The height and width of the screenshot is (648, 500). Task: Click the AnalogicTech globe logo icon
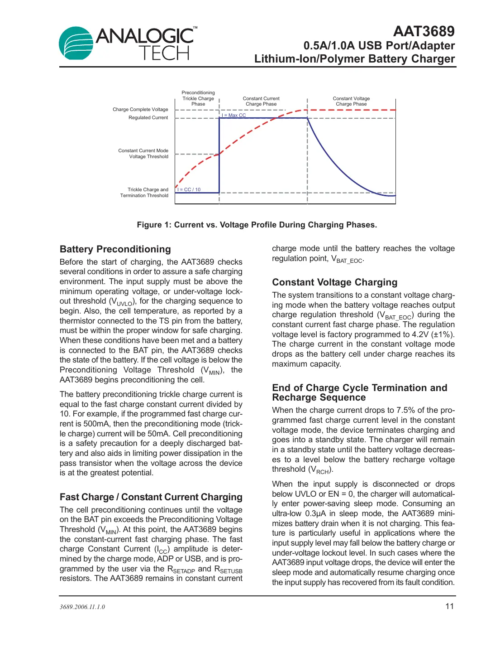click(76, 44)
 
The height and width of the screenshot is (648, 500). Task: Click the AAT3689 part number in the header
click(424, 31)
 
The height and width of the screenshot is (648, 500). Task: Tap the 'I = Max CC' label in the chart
click(234, 115)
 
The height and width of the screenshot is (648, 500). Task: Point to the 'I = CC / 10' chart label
click(189, 189)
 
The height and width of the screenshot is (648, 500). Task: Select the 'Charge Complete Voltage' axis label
click(140, 109)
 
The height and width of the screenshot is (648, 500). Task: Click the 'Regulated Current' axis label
click(148, 117)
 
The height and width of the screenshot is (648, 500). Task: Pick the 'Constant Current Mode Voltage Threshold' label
click(143, 154)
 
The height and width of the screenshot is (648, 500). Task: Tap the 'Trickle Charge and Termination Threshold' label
click(144, 193)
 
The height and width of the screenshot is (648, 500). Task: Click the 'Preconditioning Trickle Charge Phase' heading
click(198, 98)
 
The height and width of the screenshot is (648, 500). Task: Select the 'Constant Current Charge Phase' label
click(261, 101)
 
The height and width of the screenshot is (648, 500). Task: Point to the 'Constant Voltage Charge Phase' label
click(351, 101)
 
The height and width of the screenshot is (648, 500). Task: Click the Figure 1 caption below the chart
click(257, 225)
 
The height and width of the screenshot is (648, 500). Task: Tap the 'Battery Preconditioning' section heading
click(115, 249)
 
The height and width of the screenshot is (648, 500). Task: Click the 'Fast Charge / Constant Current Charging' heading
click(151, 497)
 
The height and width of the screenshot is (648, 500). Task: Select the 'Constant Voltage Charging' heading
click(335, 282)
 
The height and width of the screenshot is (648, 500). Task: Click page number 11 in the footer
click(449, 606)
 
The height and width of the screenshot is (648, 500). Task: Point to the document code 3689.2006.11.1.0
click(82, 607)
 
